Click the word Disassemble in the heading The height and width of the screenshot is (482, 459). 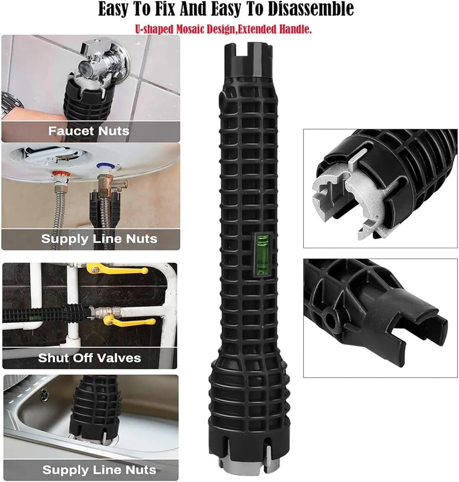click(311, 9)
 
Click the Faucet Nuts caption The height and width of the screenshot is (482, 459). click(89, 131)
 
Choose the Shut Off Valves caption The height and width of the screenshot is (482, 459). click(89, 358)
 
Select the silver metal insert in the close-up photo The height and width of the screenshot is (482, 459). click(355, 201)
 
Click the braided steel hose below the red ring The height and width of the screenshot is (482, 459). click(59, 216)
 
